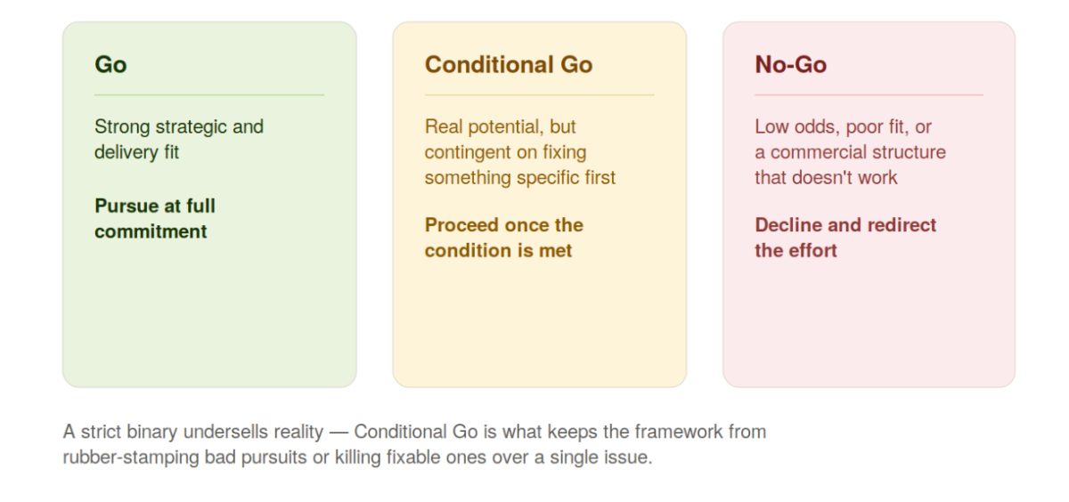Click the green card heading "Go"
pyautogui.click(x=110, y=64)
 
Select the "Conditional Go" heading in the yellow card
pyautogui.click(x=509, y=64)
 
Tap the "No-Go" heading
pyautogui.click(x=791, y=64)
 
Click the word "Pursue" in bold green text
pyautogui.click(x=126, y=206)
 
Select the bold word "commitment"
pyautogui.click(x=151, y=231)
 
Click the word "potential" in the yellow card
pyautogui.click(x=506, y=127)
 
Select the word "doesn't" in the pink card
pyautogui.click(x=820, y=178)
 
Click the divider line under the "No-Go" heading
pyautogui.click(x=869, y=95)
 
